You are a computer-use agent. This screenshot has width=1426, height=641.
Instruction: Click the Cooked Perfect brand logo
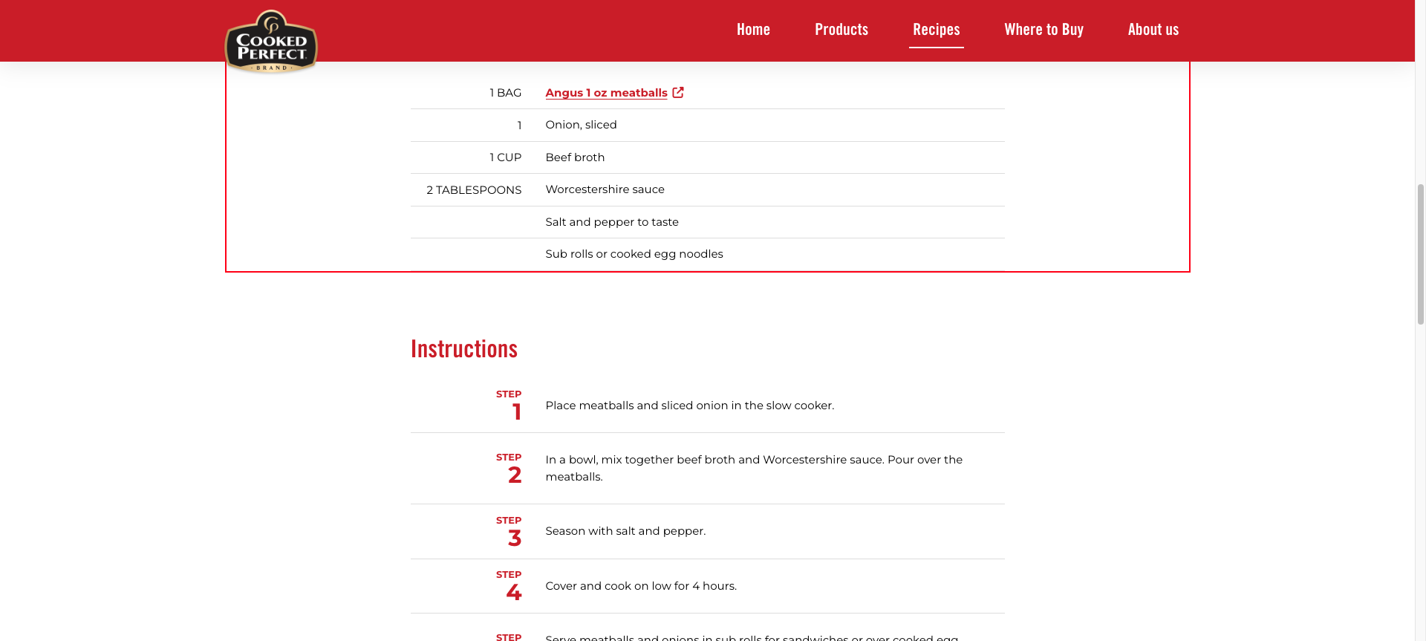pyautogui.click(x=271, y=42)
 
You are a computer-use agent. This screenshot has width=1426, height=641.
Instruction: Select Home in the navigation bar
pyautogui.click(x=753, y=30)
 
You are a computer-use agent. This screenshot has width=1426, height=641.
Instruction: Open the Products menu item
pyautogui.click(x=841, y=30)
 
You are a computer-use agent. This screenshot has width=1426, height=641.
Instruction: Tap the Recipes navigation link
pyautogui.click(x=936, y=30)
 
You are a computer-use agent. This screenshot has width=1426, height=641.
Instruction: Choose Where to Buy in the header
pyautogui.click(x=1044, y=30)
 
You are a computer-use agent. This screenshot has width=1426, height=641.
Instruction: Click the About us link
pyautogui.click(x=1153, y=30)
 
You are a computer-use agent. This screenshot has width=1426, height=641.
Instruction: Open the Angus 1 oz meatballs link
pyautogui.click(x=606, y=93)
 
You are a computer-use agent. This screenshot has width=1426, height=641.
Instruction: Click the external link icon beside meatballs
pyautogui.click(x=678, y=93)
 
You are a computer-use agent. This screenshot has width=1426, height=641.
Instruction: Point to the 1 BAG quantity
pyautogui.click(x=505, y=93)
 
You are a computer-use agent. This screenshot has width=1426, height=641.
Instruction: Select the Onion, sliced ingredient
pyautogui.click(x=581, y=125)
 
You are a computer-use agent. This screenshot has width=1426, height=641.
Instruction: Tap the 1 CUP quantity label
pyautogui.click(x=505, y=157)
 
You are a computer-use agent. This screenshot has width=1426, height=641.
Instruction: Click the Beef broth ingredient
pyautogui.click(x=575, y=157)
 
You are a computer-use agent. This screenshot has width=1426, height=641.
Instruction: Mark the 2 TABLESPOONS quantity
pyautogui.click(x=474, y=190)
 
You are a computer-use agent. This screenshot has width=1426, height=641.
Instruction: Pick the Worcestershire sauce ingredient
pyautogui.click(x=605, y=189)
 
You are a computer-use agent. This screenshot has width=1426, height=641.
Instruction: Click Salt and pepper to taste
pyautogui.click(x=612, y=222)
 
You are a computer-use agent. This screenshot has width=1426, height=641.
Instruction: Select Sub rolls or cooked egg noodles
pyautogui.click(x=634, y=254)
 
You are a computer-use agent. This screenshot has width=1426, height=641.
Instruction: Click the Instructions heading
pyautogui.click(x=464, y=349)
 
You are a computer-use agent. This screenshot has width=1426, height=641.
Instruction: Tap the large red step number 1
pyautogui.click(x=516, y=412)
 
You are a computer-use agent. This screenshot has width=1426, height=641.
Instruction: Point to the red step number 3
pyautogui.click(x=515, y=538)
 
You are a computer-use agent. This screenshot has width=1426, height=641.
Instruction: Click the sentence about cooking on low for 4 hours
pyautogui.click(x=641, y=586)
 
